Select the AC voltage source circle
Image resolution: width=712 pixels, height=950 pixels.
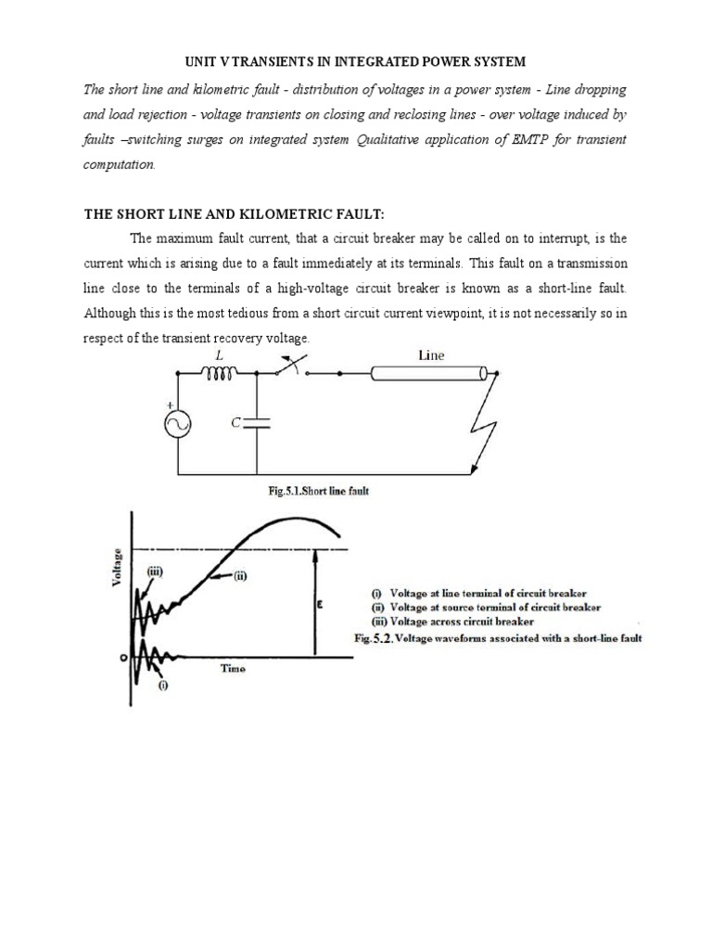(x=176, y=424)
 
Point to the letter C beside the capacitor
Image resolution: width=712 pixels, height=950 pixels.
(x=235, y=423)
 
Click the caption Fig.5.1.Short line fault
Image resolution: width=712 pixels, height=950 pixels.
(x=318, y=492)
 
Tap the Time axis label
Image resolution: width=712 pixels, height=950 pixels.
(x=233, y=668)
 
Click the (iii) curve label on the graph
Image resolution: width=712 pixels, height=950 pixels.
(x=153, y=572)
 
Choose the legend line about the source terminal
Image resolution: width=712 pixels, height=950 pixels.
(x=487, y=608)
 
